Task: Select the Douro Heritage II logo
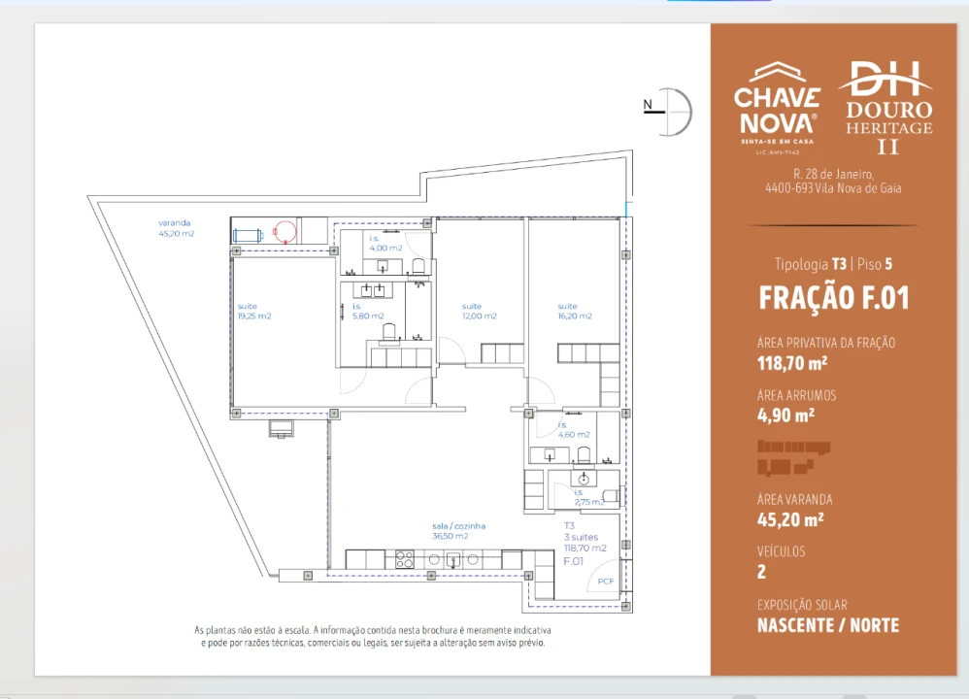point(885,107)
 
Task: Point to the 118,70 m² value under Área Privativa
point(791,364)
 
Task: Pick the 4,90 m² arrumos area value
point(785,415)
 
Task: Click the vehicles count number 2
point(762,572)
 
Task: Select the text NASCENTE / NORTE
point(827,625)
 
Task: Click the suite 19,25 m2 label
point(253,312)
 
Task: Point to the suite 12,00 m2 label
point(479,312)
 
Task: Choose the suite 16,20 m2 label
point(574,312)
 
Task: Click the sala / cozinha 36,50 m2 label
point(458,531)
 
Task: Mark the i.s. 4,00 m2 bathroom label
point(384,243)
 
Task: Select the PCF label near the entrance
point(606,582)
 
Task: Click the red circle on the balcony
point(284,231)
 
